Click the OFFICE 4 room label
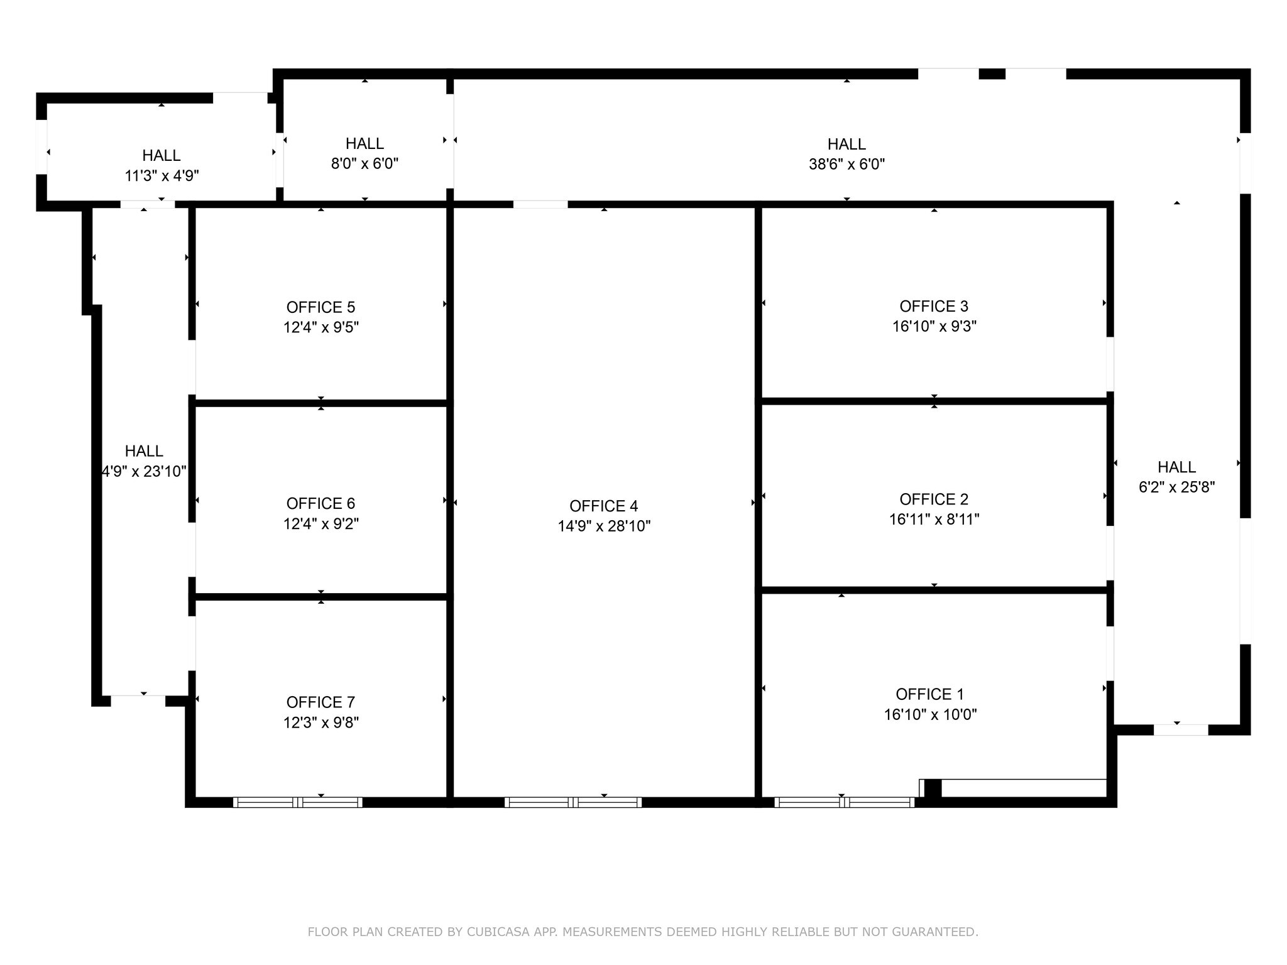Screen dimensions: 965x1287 [x=603, y=506]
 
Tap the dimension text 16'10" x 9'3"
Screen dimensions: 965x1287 [x=934, y=327]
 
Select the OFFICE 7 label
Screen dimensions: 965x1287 [x=320, y=702]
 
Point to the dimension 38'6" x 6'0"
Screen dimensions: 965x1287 [x=846, y=165]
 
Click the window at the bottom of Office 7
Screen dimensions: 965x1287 [x=298, y=802]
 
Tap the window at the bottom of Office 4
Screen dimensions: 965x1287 [x=572, y=802]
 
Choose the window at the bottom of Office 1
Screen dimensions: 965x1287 [x=844, y=802]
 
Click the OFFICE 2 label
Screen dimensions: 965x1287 [x=934, y=499]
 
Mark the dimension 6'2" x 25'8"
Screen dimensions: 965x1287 [x=1176, y=487]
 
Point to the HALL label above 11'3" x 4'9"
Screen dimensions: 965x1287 [x=162, y=155]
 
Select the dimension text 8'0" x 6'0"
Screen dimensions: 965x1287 [x=364, y=164]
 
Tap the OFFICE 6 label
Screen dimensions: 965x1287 [x=320, y=503]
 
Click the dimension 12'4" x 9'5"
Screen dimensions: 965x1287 [x=320, y=327]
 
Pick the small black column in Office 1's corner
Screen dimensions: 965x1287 [x=933, y=788]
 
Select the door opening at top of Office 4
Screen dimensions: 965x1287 [x=540, y=204]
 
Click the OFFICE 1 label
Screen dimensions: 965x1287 [x=929, y=694]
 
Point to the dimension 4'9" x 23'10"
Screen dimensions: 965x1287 [x=144, y=471]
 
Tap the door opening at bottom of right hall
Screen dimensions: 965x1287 [x=1181, y=730]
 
